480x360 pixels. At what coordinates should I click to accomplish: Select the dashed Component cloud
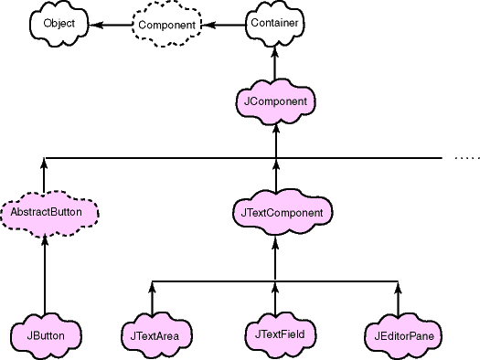pyautogui.click(x=167, y=24)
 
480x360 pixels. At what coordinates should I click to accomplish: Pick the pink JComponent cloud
pyautogui.click(x=275, y=101)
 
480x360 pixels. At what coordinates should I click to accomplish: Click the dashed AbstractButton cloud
pyautogui.click(x=46, y=212)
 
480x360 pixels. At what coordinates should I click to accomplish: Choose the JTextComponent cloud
pyautogui.click(x=275, y=212)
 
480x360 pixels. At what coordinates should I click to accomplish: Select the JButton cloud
pyautogui.click(x=45, y=335)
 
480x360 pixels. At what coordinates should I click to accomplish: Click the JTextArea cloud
pyautogui.click(x=154, y=335)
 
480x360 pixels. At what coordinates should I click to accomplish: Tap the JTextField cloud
pyautogui.click(x=275, y=334)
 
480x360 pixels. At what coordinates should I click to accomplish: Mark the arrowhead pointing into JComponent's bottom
pyautogui.click(x=275, y=128)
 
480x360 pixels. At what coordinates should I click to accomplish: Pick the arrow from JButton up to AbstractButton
pyautogui.click(x=45, y=274)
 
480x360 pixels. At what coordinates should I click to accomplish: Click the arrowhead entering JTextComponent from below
pyautogui.click(x=275, y=239)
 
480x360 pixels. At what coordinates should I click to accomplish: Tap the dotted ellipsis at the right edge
pyautogui.click(x=466, y=159)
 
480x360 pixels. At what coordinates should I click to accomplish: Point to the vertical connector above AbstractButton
pyautogui.click(x=45, y=175)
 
